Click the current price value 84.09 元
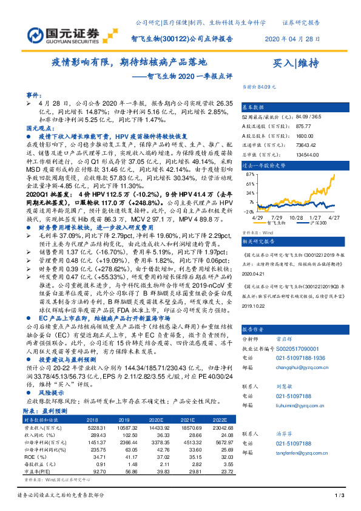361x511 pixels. pos(267,87)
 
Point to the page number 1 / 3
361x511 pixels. pos(340,496)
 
